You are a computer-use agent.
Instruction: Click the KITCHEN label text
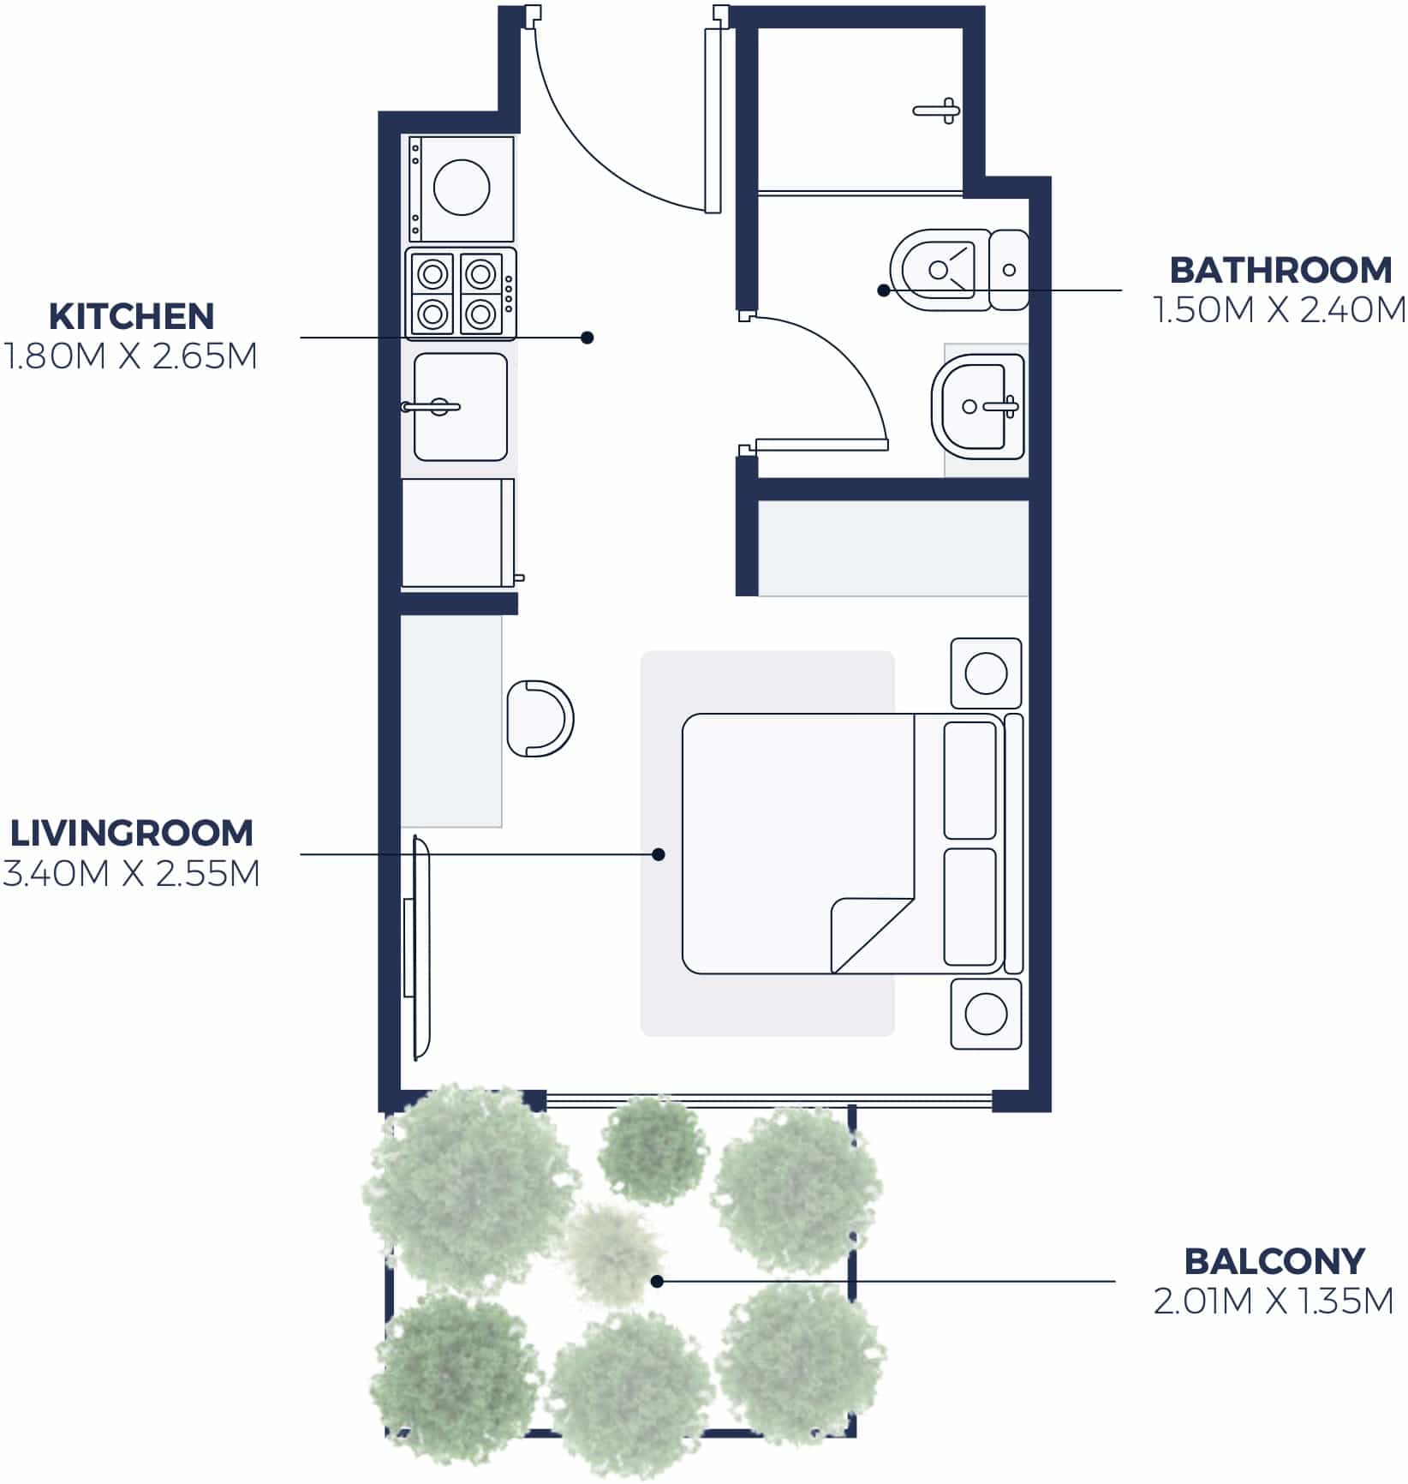[x=131, y=316]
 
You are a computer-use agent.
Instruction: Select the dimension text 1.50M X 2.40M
[x=1279, y=310]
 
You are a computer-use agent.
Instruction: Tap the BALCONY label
[x=1273, y=1261]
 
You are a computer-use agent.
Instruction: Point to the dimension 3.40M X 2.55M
[x=131, y=874]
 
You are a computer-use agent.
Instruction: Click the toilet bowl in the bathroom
[x=939, y=270]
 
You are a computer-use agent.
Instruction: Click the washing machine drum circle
[x=462, y=187]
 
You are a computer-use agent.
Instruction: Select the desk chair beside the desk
[x=538, y=718]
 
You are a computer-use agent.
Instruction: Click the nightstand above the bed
[x=986, y=673]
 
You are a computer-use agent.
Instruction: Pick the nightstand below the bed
[x=986, y=1014]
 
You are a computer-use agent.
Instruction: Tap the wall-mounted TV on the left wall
[x=421, y=947]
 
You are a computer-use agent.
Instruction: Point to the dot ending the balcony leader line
[x=657, y=1282]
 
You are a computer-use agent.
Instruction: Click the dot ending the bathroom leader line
[x=883, y=290]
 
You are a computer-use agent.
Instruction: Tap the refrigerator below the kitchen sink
[x=457, y=533]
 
